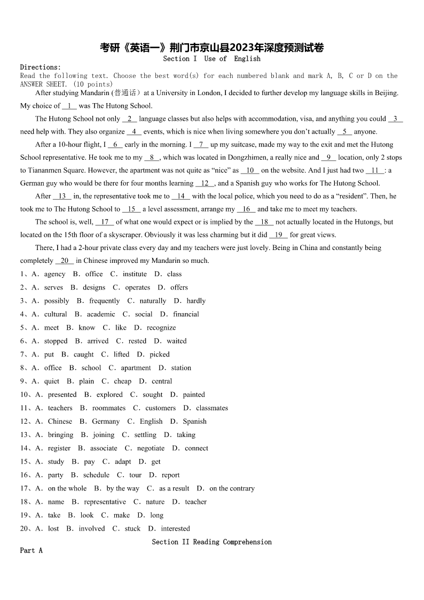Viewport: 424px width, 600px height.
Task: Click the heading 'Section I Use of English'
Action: [x=211, y=59]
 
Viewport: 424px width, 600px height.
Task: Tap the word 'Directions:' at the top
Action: [x=41, y=67]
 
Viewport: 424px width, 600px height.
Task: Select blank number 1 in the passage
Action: [x=69, y=106]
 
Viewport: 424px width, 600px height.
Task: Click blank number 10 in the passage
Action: [x=249, y=170]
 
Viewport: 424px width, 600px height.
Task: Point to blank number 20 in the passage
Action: [x=65, y=261]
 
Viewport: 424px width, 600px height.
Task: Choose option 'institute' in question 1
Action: [x=135, y=274]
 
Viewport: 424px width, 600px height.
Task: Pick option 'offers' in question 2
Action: [x=179, y=287]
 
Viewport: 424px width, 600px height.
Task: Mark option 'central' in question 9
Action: [x=162, y=381]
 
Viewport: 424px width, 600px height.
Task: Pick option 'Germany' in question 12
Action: [x=106, y=422]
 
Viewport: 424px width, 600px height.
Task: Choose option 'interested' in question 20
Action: [x=175, y=528]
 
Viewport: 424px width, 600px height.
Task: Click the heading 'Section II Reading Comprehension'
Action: [x=211, y=542]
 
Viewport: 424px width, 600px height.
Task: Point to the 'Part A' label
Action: [x=31, y=550]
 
